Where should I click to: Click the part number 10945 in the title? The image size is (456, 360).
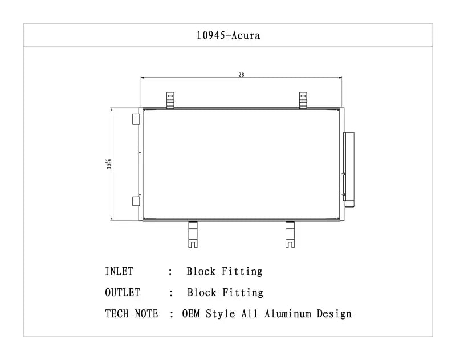coord(212,35)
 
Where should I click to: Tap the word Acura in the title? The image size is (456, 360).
coord(246,35)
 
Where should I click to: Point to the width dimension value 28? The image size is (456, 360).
coord(241,75)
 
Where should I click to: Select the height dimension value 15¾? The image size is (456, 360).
coord(108,163)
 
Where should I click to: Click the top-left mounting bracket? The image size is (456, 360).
coord(170,100)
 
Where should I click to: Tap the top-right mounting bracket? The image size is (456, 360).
coord(304,100)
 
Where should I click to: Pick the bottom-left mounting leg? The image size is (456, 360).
coord(193,234)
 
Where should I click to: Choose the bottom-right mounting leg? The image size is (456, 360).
coord(291,234)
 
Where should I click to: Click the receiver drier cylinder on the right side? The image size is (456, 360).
coord(349,167)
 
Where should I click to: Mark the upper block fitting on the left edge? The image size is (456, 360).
coord(136,119)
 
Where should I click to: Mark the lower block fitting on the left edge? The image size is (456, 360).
coord(136,200)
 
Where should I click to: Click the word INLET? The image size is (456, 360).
coord(119,272)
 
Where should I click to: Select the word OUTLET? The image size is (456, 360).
coord(122,293)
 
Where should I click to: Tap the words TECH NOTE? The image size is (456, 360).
coord(132,314)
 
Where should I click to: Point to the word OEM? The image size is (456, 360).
coord(192,314)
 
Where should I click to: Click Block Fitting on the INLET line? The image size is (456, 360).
coord(225,272)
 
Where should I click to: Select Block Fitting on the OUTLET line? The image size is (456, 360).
coord(225,293)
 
